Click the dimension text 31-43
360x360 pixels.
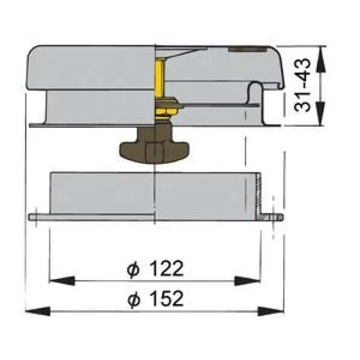tap(302, 85)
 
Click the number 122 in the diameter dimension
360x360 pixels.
tap(167, 268)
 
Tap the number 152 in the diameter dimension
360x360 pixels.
tap(167, 298)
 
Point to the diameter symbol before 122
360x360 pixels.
tap(133, 269)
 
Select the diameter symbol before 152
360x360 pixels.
tap(134, 298)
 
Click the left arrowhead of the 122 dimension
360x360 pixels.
tap(62, 281)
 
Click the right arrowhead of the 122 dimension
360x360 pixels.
tap(247, 281)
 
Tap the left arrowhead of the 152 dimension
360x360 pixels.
tap(38, 311)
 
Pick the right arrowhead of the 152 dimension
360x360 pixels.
tap(271, 311)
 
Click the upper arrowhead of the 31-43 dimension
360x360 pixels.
tap(321, 59)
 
